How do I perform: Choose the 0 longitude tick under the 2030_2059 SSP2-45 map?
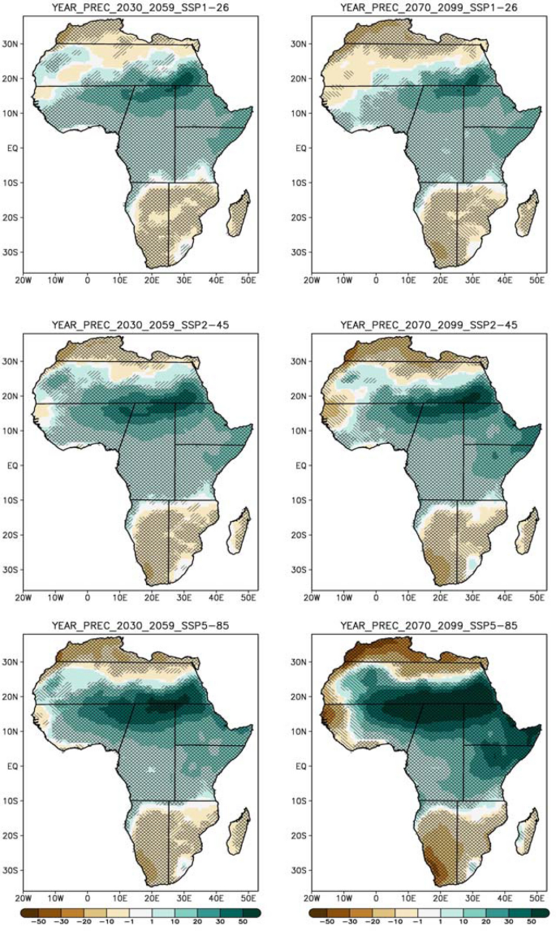point(88,596)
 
